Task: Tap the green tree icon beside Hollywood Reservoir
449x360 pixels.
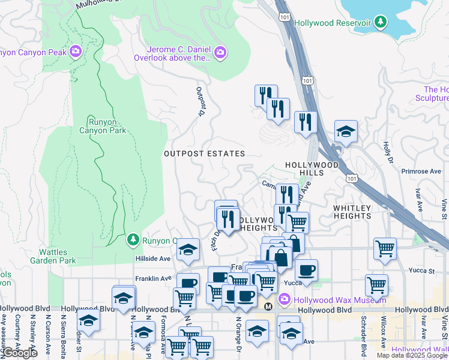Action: pos(380,22)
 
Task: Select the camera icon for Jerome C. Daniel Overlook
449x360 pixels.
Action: pos(220,53)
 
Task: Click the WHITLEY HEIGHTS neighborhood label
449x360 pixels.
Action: pos(352,212)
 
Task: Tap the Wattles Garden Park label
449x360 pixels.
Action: pos(58,256)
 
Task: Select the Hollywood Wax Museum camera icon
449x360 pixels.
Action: pos(285,298)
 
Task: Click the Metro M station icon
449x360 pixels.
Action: pos(268,306)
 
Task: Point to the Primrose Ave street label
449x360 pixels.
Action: pos(421,171)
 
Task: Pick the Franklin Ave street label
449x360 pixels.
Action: pos(153,278)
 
